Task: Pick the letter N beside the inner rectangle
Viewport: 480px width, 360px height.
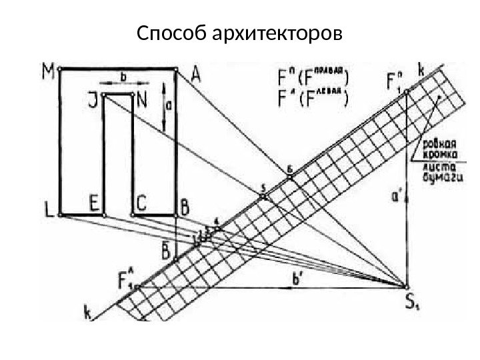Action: click(x=142, y=103)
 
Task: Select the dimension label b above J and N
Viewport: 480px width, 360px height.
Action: click(x=123, y=78)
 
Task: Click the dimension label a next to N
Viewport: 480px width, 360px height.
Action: click(x=171, y=104)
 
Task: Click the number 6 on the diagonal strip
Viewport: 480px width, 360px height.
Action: click(x=289, y=171)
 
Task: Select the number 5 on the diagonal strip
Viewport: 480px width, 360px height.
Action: click(x=263, y=187)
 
